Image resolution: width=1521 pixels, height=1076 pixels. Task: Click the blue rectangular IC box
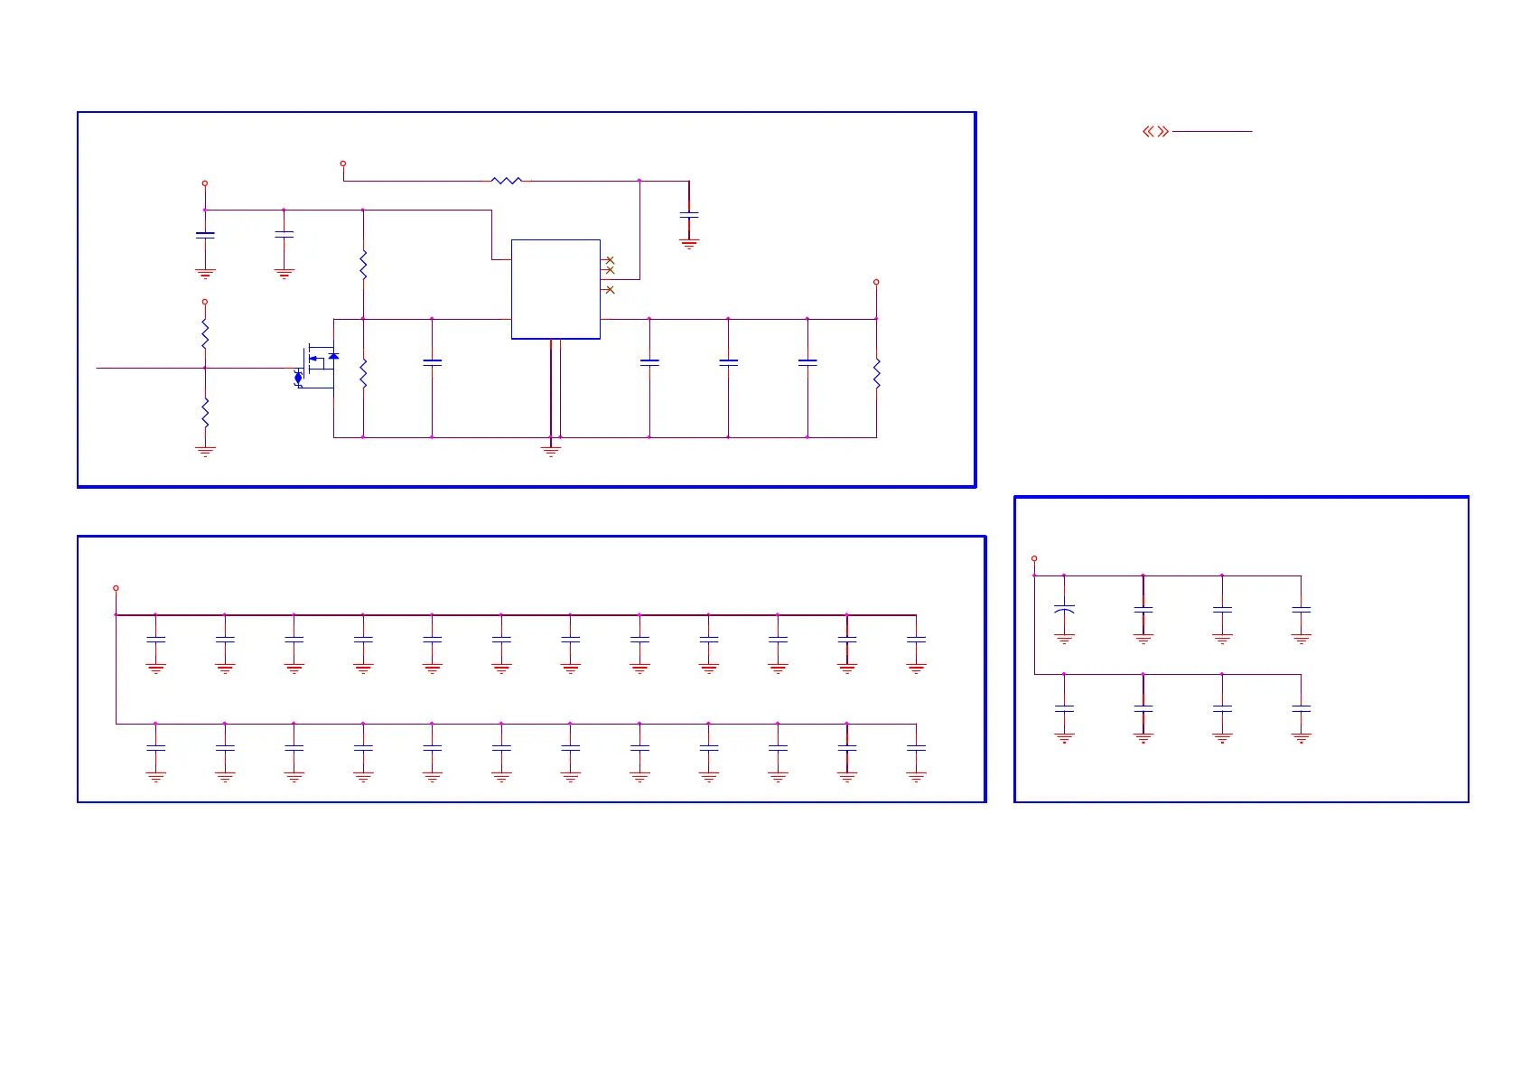point(555,289)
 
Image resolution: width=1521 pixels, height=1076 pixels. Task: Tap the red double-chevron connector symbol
point(1155,132)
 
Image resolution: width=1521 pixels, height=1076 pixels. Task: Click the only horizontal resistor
point(507,181)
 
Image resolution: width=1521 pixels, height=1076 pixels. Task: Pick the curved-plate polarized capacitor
point(1064,610)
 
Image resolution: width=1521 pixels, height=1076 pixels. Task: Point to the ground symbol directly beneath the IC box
point(551,449)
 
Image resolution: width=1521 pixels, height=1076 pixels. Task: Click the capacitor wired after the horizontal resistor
point(689,215)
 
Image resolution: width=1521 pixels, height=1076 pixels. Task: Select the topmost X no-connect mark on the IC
point(610,260)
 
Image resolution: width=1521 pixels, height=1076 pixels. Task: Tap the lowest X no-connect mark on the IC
point(610,290)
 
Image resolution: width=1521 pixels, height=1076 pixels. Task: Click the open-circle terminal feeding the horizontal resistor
point(343,164)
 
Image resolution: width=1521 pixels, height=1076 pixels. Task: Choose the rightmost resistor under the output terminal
point(876,373)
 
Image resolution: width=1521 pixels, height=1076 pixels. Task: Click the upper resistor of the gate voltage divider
point(205,334)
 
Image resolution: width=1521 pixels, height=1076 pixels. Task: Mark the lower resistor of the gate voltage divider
point(205,413)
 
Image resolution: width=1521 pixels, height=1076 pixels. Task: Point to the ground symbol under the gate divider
point(205,451)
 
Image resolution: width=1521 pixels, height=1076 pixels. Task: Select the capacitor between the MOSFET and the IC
point(433,362)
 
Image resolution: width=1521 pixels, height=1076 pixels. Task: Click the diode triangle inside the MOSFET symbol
point(333,356)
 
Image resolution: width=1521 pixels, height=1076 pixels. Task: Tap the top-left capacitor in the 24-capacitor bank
point(155,640)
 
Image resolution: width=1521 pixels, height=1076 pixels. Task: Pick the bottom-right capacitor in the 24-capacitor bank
point(916,749)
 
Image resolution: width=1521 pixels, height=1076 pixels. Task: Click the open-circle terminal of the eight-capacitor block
point(1034,558)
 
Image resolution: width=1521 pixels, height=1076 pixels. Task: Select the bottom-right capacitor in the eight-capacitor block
point(1301,709)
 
